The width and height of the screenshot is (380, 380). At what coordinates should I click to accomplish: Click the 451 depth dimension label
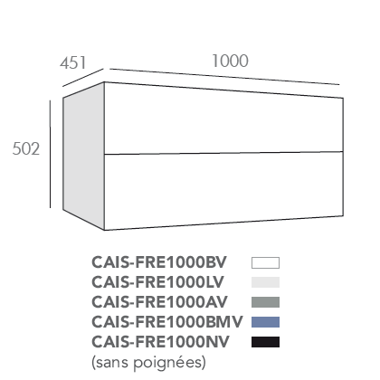tap(72, 62)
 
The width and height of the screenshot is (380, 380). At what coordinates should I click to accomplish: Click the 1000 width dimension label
tap(231, 61)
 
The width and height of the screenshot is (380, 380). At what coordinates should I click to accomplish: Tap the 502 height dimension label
tap(26, 148)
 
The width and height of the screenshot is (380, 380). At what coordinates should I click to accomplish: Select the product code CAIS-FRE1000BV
tap(159, 262)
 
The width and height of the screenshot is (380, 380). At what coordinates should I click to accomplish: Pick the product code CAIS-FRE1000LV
tap(157, 282)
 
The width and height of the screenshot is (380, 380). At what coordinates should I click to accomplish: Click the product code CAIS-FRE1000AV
tap(159, 302)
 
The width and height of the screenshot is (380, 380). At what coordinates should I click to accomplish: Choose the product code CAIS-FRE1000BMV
tap(167, 322)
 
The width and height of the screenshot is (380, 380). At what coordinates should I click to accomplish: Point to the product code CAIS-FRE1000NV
tap(160, 342)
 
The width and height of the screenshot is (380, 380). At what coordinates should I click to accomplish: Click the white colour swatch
tap(265, 262)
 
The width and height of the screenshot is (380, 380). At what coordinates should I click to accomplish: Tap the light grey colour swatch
tap(265, 282)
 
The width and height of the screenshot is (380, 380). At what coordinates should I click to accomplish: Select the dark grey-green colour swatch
tap(265, 302)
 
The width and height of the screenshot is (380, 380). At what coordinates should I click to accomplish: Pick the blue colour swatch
tap(265, 322)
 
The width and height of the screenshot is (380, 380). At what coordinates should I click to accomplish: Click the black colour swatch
tap(265, 342)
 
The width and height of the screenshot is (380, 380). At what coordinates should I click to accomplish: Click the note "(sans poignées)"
tap(148, 362)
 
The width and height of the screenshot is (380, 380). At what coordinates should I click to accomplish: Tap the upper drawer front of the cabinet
tap(223, 120)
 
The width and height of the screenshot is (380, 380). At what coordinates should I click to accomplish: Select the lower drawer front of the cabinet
tap(223, 190)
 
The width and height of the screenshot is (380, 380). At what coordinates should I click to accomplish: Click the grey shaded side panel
tap(83, 157)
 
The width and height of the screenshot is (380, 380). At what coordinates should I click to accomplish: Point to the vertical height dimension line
tap(50, 154)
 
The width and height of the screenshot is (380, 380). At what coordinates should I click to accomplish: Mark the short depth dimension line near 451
tap(83, 78)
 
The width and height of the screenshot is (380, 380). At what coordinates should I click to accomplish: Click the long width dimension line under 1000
tap(224, 77)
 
